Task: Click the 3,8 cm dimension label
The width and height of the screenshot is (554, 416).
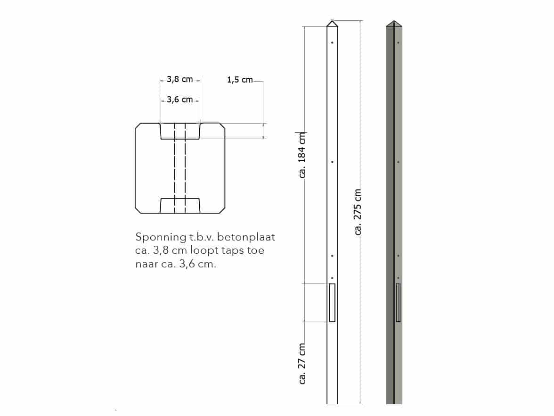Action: point(180,80)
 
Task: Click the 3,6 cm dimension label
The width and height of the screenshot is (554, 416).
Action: point(180,100)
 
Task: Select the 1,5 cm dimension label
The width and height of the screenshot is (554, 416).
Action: point(240,80)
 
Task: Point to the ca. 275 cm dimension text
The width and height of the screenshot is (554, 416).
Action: point(358,212)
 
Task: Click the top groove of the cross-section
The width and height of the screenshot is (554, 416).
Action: point(180,132)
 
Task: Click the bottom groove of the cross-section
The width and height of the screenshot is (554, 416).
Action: point(180,206)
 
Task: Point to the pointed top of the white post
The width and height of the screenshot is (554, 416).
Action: point(332,23)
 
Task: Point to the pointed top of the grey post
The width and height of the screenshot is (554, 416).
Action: point(394,23)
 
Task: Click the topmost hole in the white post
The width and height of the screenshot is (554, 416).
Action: point(332,43)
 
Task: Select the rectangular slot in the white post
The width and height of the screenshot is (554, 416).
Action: point(332,302)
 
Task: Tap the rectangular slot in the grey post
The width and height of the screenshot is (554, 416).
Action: point(398,302)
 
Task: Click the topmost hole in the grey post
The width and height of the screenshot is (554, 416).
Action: point(399,43)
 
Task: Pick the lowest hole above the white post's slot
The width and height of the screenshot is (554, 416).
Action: point(332,278)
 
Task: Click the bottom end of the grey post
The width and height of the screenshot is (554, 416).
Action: point(394,402)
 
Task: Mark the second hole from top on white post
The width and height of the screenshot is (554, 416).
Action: point(332,162)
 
